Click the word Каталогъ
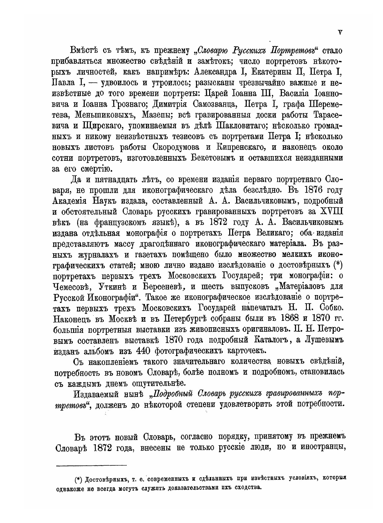272,339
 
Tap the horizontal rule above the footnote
92,465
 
